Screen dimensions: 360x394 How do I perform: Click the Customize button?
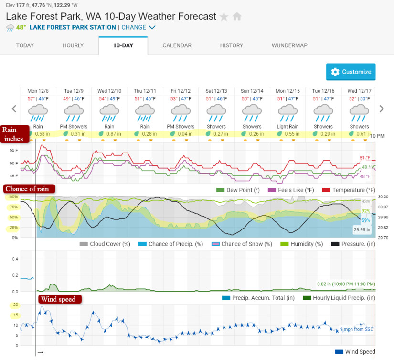click(351, 72)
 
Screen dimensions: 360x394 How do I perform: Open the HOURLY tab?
click(73, 45)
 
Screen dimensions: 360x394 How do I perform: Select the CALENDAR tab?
click(177, 45)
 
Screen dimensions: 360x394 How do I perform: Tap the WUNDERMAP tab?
click(289, 45)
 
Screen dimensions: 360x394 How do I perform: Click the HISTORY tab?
click(232, 45)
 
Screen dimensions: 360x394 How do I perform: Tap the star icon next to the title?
click(224, 17)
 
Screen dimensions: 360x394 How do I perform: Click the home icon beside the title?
click(237, 17)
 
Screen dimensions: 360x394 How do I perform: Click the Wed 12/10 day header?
click(109, 91)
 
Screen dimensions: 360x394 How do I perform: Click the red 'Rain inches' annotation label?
click(13, 134)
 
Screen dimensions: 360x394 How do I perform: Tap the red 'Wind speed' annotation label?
click(60, 299)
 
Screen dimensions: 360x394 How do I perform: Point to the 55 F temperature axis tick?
click(13, 150)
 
